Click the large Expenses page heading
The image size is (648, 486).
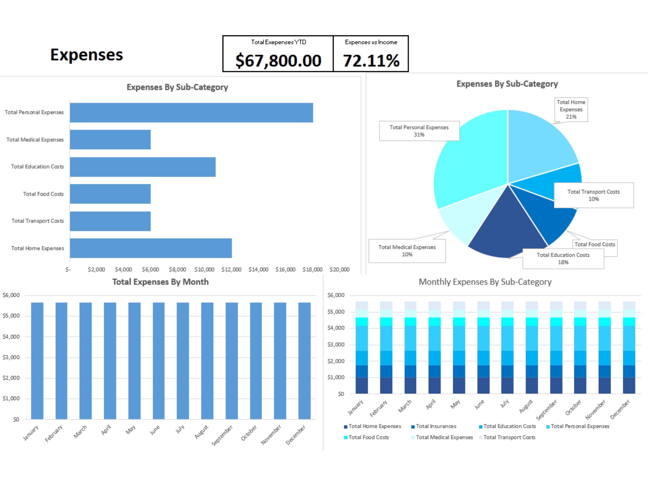pos(86,55)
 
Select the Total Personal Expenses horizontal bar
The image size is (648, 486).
pos(191,113)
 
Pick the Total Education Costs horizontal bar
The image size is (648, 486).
pos(143,167)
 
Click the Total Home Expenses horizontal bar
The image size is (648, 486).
pos(151,248)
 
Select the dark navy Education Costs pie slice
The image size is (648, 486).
pos(507,234)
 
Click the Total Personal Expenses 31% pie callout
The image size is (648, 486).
pos(419,131)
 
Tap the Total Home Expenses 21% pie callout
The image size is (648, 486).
pos(571,109)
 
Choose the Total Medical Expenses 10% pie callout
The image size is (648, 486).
pos(407,251)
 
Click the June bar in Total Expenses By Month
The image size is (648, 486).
pos(159,361)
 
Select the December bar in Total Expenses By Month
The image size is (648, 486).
pos(304,361)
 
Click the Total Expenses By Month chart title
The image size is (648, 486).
pos(160,282)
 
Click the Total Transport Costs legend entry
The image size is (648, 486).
pos(509,437)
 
